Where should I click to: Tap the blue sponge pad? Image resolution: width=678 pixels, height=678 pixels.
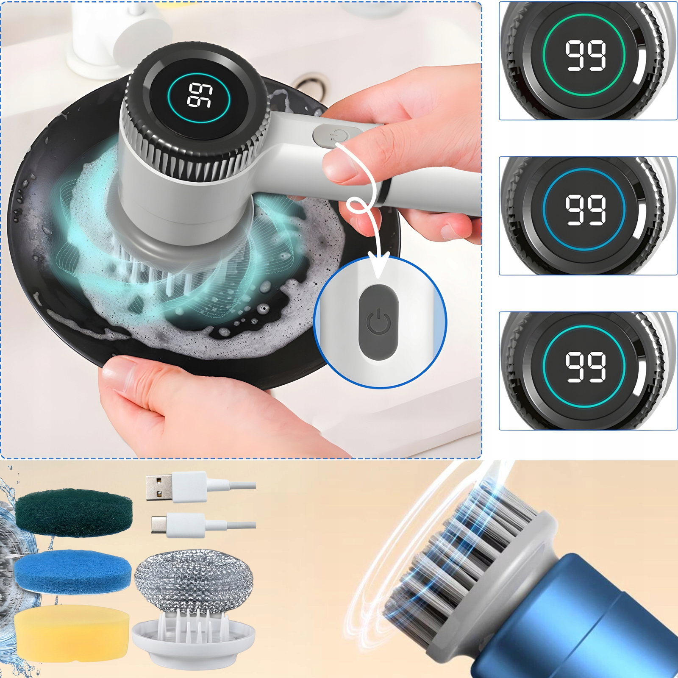[x=72, y=571]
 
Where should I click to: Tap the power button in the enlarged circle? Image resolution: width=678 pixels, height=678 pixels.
[x=379, y=322]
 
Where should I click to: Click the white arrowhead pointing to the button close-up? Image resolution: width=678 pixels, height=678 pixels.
[x=378, y=263]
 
